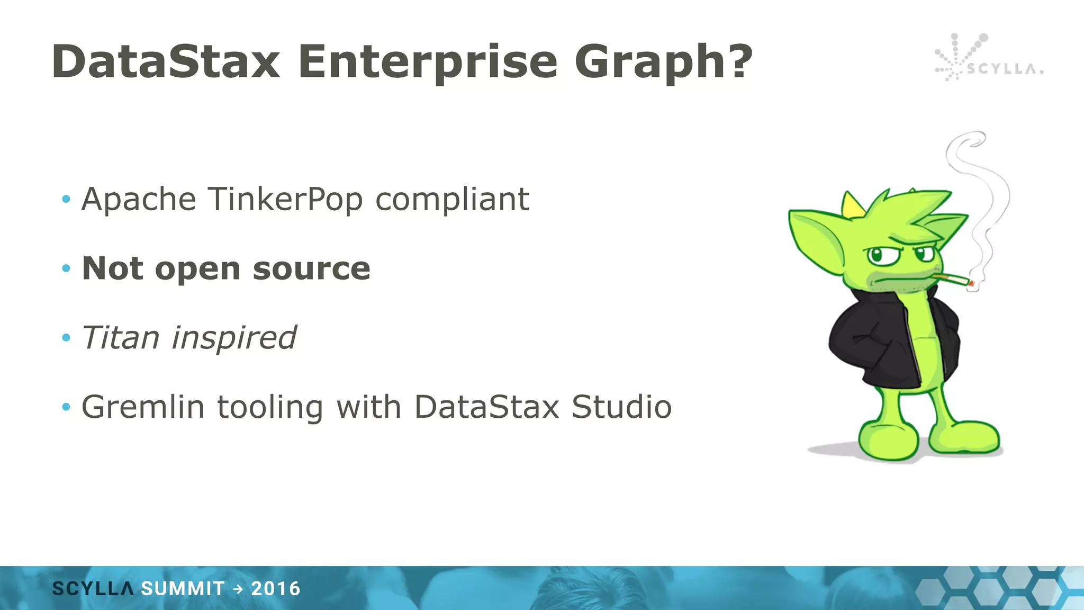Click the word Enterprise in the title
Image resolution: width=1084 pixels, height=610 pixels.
tap(428, 62)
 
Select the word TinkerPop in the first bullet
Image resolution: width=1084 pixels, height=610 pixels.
tap(285, 199)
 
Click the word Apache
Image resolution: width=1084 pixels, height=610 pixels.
tap(139, 199)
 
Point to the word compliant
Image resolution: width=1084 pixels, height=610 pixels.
tap(452, 200)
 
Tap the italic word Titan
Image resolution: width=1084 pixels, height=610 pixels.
tap(120, 337)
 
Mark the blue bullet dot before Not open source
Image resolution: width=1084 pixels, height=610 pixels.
tap(66, 268)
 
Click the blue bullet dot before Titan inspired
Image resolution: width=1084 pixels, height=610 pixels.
tap(66, 337)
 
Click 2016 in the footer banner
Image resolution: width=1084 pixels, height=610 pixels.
tap(276, 589)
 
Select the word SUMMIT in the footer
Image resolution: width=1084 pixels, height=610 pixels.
tap(183, 589)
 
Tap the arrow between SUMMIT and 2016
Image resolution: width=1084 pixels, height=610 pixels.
tap(238, 589)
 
